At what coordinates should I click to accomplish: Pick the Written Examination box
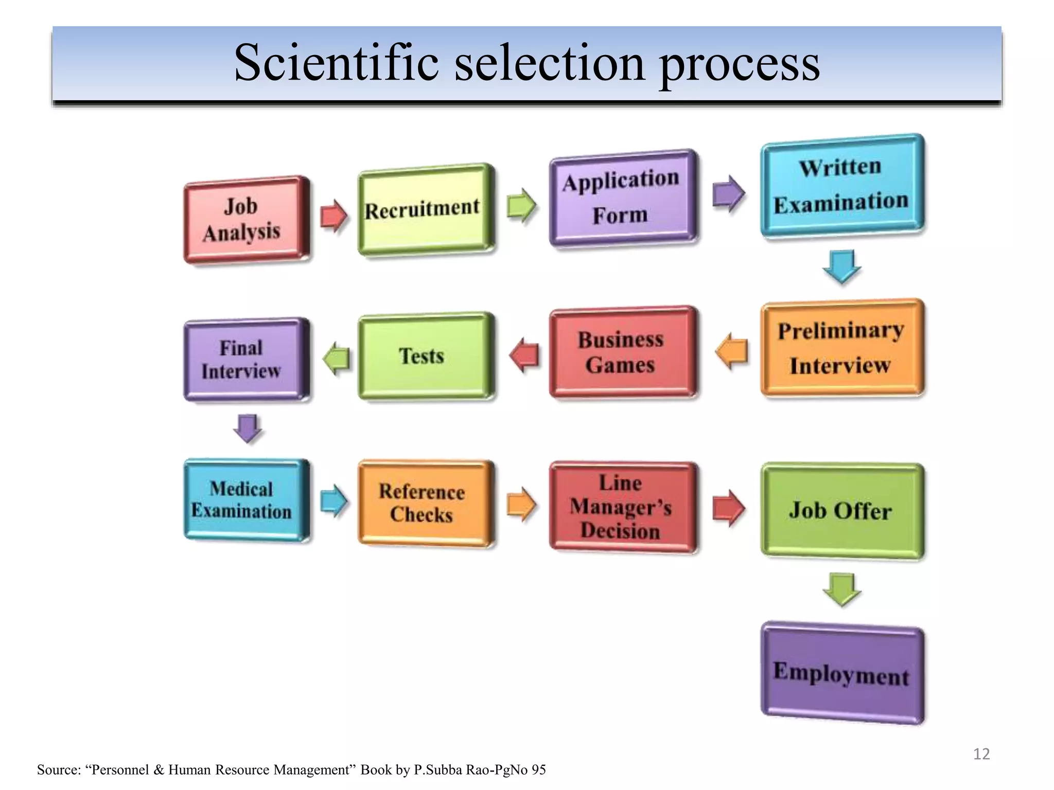(842, 185)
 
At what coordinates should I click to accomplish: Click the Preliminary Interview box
(842, 348)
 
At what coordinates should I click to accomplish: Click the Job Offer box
(842, 511)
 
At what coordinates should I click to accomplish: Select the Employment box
(842, 673)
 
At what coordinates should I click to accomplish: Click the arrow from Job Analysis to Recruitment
(333, 216)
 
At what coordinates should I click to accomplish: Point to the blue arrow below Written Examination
(842, 266)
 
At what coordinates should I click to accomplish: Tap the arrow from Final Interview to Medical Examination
(248, 428)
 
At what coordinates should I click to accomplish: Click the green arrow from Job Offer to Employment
(842, 589)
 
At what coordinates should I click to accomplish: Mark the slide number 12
(981, 754)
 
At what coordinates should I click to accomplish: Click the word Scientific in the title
(336, 63)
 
